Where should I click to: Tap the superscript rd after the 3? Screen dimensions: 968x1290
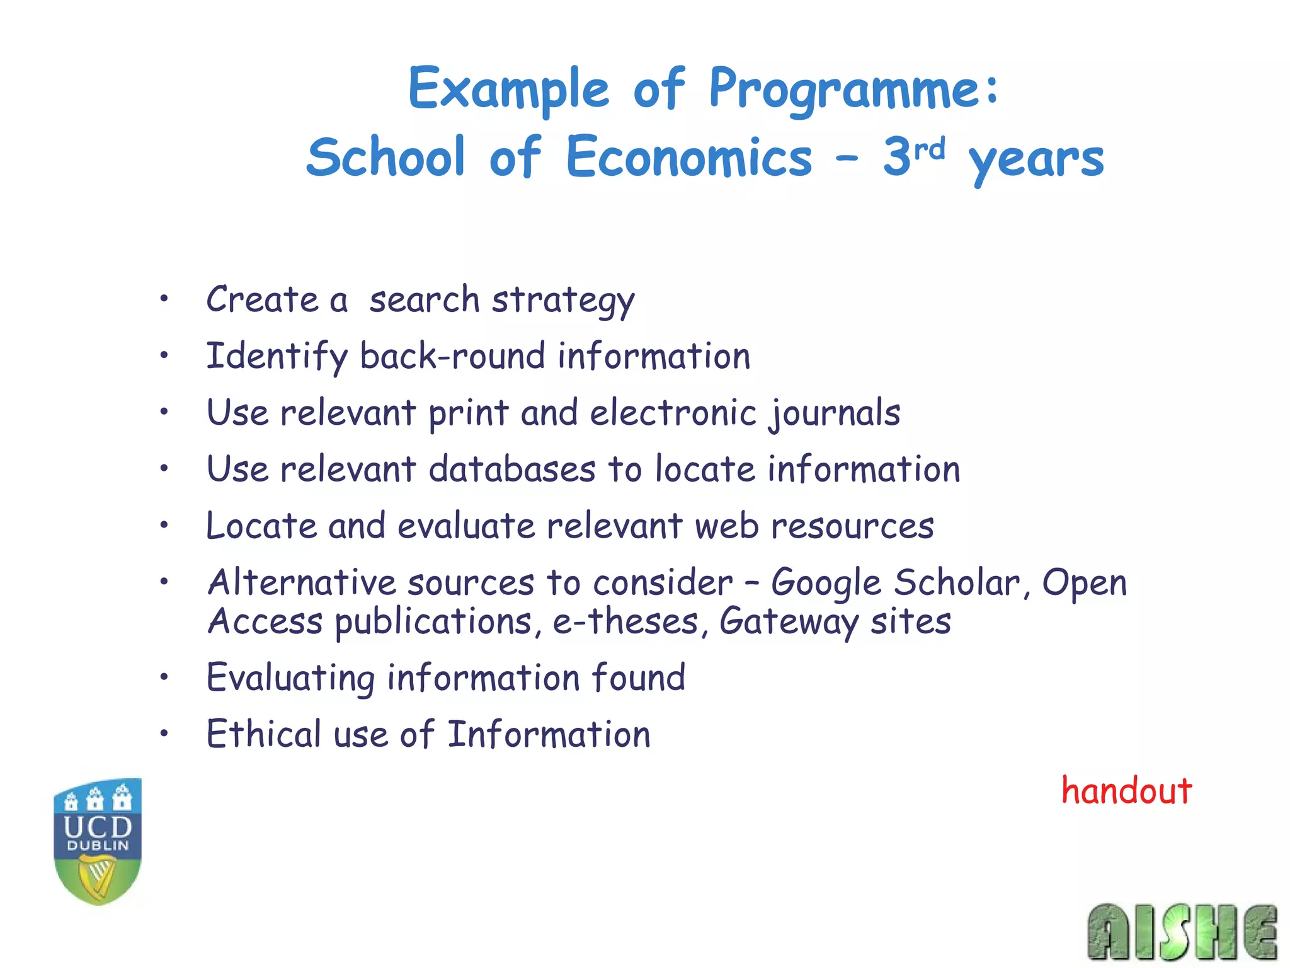point(930,149)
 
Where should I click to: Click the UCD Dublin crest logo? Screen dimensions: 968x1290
point(98,841)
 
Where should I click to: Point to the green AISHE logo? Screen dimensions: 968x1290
point(1182,932)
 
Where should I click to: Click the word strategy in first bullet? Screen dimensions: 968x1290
point(562,300)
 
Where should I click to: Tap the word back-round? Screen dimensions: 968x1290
point(452,356)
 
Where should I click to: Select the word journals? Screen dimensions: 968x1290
point(835,413)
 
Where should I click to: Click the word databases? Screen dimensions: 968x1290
point(511,470)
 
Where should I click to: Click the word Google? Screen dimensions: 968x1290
point(826,583)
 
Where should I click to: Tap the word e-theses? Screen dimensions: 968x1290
point(625,621)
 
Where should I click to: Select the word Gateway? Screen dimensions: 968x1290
point(789,621)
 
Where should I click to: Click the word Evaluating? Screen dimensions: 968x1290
point(290,678)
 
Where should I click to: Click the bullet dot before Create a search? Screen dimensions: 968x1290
point(164,299)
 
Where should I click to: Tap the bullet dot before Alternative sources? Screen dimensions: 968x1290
point(164,581)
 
